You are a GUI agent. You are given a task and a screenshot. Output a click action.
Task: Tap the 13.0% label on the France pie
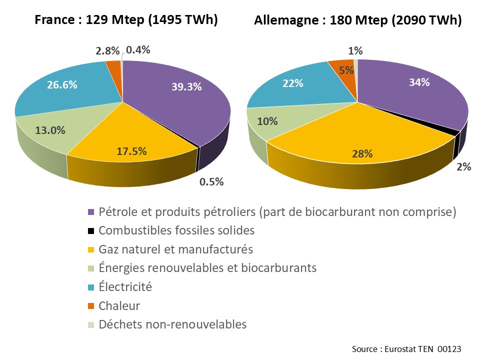pyautogui.click(x=50, y=130)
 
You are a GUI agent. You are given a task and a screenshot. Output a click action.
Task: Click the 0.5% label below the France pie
pyautogui.click(x=211, y=181)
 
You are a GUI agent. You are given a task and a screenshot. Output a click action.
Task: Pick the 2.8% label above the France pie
pyautogui.click(x=107, y=50)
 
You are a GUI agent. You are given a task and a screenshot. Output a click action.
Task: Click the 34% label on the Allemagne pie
pyautogui.click(x=418, y=82)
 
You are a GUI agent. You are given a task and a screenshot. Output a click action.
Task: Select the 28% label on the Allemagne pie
pyautogui.click(x=362, y=154)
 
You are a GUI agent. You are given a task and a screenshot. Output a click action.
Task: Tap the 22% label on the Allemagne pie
pyautogui.click(x=293, y=83)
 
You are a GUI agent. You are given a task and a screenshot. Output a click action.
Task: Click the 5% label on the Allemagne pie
pyautogui.click(x=346, y=70)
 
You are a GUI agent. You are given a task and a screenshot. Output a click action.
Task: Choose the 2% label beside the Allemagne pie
pyautogui.click(x=463, y=167)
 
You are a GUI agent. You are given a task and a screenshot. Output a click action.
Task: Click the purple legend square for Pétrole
pyautogui.click(x=91, y=212)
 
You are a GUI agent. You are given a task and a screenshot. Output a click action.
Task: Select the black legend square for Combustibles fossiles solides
pyautogui.click(x=91, y=231)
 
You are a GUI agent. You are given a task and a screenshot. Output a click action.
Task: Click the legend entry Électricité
pyautogui.click(x=125, y=287)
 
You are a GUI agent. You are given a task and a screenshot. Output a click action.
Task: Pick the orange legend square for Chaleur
pyautogui.click(x=91, y=306)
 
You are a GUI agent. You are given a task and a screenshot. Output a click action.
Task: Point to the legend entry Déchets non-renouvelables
pyautogui.click(x=172, y=324)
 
